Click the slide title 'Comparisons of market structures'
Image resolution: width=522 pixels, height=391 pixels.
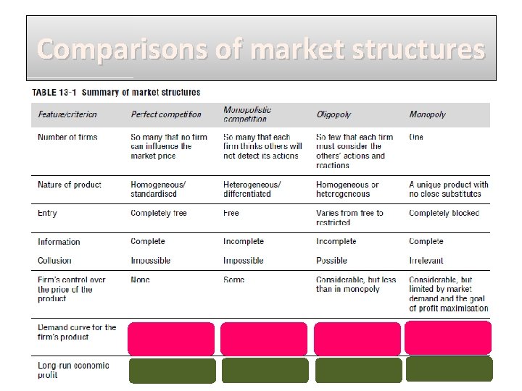(261, 49)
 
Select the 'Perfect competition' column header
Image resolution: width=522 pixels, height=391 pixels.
(166, 114)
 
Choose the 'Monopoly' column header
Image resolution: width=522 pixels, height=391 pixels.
(428, 114)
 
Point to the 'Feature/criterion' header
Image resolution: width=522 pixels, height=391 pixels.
(67, 114)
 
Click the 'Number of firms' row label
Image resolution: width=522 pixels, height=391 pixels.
(67, 137)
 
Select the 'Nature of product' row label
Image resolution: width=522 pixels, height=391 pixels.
(70, 185)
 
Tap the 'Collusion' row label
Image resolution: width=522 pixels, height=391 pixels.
(55, 261)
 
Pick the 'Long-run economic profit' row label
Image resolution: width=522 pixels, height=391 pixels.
(73, 370)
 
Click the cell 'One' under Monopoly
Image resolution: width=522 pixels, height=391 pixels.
(416, 137)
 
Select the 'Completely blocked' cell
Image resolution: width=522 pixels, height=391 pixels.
(444, 213)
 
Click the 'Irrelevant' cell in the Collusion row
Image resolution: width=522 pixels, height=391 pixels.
(426, 261)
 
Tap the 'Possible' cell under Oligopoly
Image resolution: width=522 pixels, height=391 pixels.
(331, 261)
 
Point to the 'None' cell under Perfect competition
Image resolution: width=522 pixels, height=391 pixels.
(141, 279)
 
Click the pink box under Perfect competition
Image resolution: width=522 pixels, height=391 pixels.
(171, 338)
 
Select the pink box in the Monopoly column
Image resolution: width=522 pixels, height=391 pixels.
(448, 337)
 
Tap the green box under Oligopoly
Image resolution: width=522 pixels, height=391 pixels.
(358, 370)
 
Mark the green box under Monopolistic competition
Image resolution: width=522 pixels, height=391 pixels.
(265, 370)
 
